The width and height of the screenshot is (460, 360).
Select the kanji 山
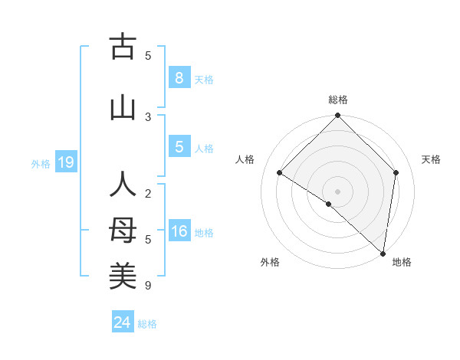pos(122,107)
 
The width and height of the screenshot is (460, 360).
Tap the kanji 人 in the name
pos(122,185)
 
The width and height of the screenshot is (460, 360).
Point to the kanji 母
pos(122,231)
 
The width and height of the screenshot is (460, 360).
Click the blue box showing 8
pos(179,78)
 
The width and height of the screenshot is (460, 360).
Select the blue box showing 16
pos(179,232)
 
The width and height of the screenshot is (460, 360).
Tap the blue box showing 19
pos(65,162)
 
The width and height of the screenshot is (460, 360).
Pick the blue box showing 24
pos(122,322)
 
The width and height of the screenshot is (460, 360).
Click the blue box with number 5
pos(179,147)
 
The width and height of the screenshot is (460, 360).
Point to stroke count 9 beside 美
pos(148,286)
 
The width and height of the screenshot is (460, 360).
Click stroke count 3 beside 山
pos(148,116)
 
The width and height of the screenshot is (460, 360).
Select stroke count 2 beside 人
pos(148,194)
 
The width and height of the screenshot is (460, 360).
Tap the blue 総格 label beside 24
pos(147,324)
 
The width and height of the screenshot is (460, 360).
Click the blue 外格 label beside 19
pos(41,163)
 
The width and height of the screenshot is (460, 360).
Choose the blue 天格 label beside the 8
pos(204,79)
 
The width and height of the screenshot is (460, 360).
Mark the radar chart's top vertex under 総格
pos(337,116)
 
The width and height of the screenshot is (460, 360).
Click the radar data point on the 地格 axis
pos(383,253)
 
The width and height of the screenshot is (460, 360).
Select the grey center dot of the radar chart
pos(337,191)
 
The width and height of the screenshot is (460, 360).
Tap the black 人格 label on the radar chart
pos(245,159)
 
